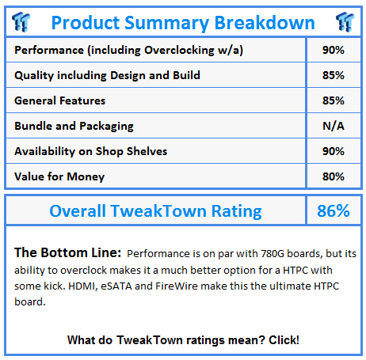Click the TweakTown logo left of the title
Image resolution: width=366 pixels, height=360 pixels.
(21, 21)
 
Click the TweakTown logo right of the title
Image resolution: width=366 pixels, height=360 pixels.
(345, 21)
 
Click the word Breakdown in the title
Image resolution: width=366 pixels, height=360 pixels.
(265, 23)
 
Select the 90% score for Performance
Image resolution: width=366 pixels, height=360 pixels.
(334, 50)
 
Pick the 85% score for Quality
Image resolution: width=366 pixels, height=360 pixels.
(334, 75)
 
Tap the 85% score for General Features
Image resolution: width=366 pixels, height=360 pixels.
(334, 100)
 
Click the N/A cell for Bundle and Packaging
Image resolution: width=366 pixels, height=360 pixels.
(334, 126)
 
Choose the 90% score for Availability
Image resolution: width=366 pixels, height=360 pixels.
(334, 151)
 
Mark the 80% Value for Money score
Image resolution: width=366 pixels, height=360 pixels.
(334, 176)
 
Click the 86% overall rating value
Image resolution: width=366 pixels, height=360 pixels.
(334, 210)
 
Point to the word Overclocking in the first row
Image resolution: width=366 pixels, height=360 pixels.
(179, 50)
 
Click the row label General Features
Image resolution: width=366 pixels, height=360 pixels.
(60, 100)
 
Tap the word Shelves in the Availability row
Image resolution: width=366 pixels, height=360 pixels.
(147, 151)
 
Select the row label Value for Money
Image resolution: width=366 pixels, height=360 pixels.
(59, 176)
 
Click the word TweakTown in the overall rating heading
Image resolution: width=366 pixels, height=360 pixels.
(158, 210)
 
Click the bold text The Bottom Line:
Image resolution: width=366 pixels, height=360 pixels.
(68, 252)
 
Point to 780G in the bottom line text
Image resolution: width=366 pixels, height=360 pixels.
(273, 253)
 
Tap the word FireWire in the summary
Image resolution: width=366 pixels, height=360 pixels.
(177, 286)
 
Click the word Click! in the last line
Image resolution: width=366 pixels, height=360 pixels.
(284, 340)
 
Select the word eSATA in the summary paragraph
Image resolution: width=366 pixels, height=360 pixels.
(116, 286)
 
